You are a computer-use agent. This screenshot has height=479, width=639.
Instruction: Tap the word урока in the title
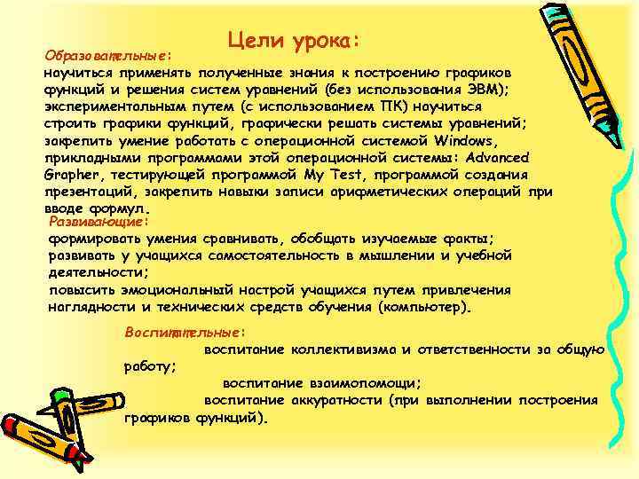pyautogui.click(x=323, y=40)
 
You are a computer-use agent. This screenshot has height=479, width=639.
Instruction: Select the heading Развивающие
pyautogui.click(x=95, y=221)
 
